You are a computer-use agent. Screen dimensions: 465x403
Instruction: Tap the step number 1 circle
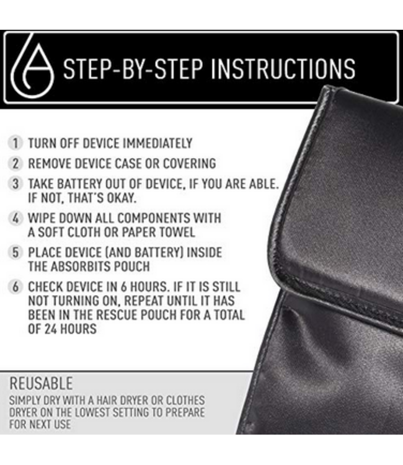(x=15, y=143)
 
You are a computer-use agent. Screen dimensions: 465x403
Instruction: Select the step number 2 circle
(x=15, y=164)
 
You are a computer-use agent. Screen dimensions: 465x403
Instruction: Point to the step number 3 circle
(x=15, y=184)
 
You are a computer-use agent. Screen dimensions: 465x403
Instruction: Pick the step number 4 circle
(x=15, y=219)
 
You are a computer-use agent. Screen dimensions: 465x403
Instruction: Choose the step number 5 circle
(x=15, y=253)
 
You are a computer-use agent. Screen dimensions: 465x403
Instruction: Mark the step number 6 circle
(x=15, y=288)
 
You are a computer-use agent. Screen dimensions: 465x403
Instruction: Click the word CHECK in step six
(x=46, y=288)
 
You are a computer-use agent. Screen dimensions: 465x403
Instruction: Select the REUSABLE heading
(x=41, y=383)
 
